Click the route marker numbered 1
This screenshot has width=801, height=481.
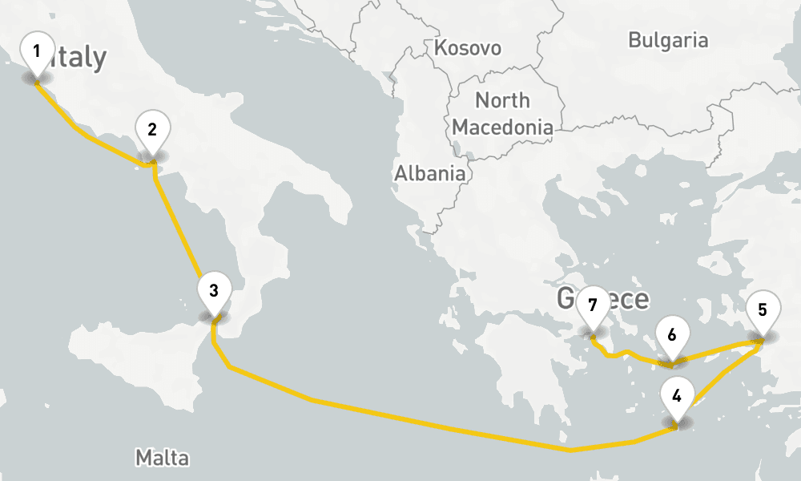pos(36,53)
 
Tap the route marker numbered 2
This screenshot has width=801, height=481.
pos(152,131)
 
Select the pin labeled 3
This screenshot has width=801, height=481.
pos(213,292)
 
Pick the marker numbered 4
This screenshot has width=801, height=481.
pos(677,397)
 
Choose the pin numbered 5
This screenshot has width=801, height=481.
pos(762,310)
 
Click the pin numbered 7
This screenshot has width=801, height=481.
pos(592,307)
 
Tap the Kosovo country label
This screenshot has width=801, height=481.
pos(468,48)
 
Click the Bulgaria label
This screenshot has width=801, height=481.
pos(668,40)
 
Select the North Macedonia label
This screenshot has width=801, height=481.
pos(502,113)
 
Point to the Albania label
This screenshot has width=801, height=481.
pos(429,172)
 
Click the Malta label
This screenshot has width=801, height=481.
pos(162,458)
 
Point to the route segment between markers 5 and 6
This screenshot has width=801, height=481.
pos(717,350)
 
